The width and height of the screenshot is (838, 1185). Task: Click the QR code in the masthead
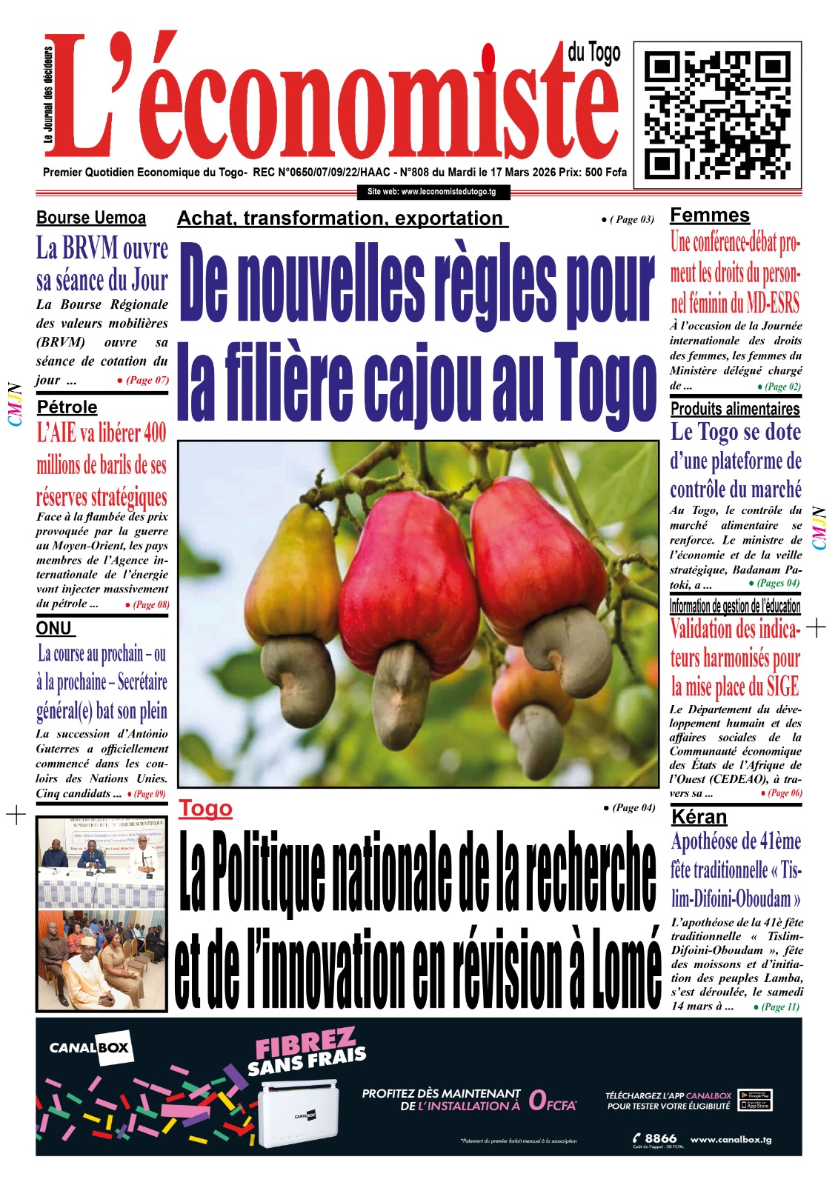coord(717,111)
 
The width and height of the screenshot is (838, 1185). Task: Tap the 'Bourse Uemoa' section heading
coord(91,218)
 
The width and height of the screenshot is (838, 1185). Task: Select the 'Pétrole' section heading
coord(67,407)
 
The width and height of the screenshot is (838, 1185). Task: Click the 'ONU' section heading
coord(54,628)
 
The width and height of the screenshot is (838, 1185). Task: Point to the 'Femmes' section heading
coord(710,216)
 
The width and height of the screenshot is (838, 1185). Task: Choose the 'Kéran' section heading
coord(699,816)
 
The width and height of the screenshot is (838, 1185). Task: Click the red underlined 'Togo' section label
coord(205,808)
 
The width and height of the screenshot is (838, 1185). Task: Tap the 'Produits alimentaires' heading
coord(735,409)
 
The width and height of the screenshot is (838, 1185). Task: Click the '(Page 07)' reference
coord(147,380)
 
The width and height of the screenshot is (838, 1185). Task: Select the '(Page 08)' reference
coord(151,604)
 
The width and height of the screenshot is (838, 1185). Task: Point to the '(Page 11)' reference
coord(780,1007)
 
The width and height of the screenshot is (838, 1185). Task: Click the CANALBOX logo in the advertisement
coord(89,1048)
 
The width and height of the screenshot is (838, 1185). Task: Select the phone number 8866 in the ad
coord(659,1138)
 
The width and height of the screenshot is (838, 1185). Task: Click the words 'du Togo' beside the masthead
coord(593,53)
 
